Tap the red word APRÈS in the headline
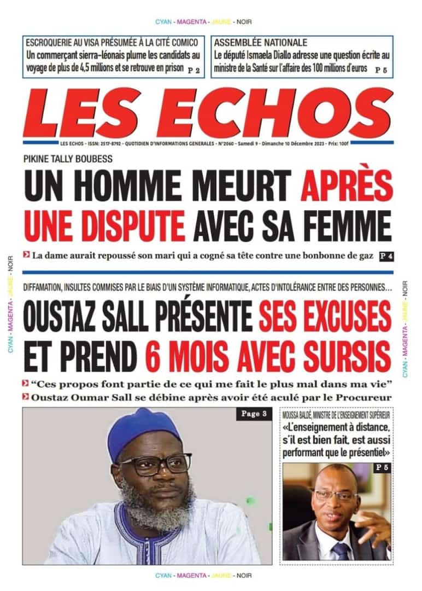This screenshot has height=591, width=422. tap(345, 186)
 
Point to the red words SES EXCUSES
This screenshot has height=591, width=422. tap(325, 316)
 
